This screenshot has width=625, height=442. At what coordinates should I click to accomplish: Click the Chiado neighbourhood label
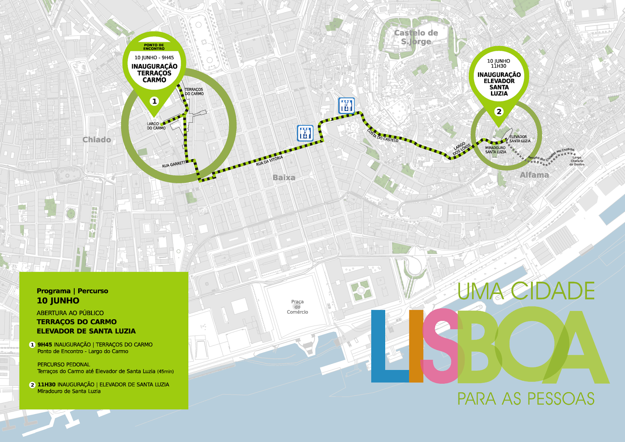point(96,140)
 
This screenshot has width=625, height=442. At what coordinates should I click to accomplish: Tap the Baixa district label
point(284,177)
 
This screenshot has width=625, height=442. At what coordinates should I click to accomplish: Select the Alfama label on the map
point(534,175)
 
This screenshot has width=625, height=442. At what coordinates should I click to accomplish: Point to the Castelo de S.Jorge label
point(416,37)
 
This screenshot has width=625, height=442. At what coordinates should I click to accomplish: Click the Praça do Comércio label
point(297,307)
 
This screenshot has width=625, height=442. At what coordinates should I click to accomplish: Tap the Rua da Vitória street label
point(269,161)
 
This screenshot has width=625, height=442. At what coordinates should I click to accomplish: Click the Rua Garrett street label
point(174,165)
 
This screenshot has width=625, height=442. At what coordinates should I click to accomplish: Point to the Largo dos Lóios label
point(462,149)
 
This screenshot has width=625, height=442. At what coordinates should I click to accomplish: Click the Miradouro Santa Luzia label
point(495,150)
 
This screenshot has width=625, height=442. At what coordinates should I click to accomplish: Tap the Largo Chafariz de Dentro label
point(577,161)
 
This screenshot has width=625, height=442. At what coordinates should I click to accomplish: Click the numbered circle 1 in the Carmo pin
point(154,101)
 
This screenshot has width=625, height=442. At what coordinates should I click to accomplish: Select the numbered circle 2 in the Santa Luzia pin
point(499,112)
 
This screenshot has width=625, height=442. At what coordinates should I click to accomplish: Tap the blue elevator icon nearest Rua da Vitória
point(305,133)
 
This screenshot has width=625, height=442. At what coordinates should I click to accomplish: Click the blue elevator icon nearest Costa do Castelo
point(346,106)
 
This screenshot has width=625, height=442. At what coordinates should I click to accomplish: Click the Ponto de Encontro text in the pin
point(154,47)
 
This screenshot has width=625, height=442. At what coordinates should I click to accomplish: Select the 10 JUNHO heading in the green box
point(58,301)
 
